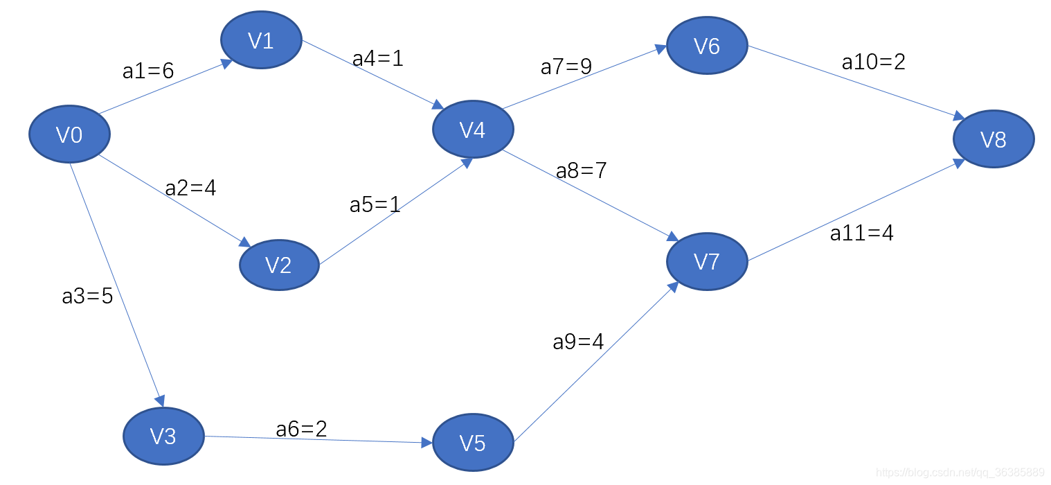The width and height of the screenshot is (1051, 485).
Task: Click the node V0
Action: pyautogui.click(x=69, y=134)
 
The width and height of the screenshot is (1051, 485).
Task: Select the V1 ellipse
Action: pyautogui.click(x=261, y=40)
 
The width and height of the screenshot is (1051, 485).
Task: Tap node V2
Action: pyautogui.click(x=279, y=265)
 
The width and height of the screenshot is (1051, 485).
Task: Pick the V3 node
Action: pyautogui.click(x=163, y=436)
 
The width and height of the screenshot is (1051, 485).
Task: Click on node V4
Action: pyautogui.click(x=473, y=130)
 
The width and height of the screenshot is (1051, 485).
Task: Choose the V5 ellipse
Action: pyautogui.click(x=473, y=442)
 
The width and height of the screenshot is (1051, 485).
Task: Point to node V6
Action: pyautogui.click(x=707, y=46)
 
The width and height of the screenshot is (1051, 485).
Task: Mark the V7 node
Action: pyautogui.click(x=707, y=261)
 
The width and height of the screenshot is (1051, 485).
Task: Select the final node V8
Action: pyautogui.click(x=994, y=139)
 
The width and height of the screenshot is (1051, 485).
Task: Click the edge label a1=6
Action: pyautogui.click(x=147, y=71)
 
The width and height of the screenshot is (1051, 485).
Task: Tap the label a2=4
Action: pyautogui.click(x=190, y=188)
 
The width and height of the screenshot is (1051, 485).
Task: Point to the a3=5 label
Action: pyautogui.click(x=87, y=297)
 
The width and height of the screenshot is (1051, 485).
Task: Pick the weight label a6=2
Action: pyautogui.click(x=301, y=429)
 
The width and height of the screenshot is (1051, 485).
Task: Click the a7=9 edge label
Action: pyautogui.click(x=566, y=67)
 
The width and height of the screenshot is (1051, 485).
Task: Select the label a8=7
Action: pyautogui.click(x=582, y=170)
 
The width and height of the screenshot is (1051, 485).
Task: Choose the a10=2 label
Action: pyautogui.click(x=873, y=62)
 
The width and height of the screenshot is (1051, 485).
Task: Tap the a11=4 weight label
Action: pyautogui.click(x=861, y=233)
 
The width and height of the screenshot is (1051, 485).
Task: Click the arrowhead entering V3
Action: pyautogui.click(x=160, y=401)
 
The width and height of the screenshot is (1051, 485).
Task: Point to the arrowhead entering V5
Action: pyautogui.click(x=426, y=441)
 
